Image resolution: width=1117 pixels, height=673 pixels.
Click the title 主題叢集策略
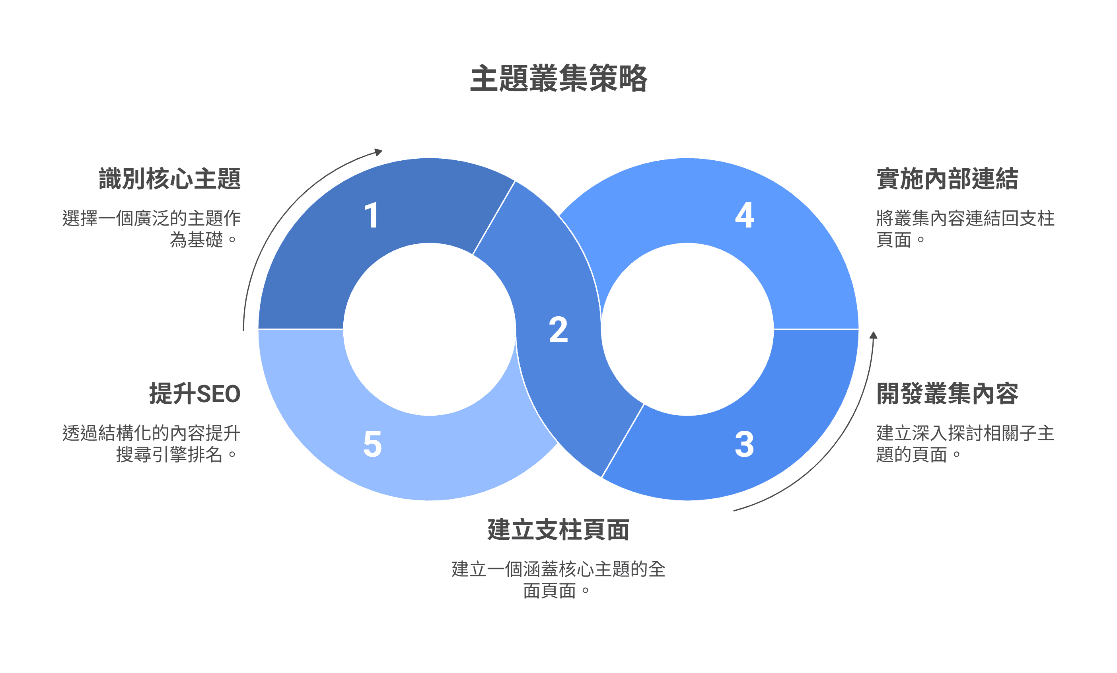tap(558, 78)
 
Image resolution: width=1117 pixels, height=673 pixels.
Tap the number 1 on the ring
tap(371, 215)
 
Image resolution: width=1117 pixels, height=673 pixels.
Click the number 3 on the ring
tap(744, 444)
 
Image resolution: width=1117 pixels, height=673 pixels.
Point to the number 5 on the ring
tap(372, 444)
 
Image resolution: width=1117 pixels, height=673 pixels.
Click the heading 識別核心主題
tap(169, 179)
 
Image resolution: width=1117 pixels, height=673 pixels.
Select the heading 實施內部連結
tap(947, 179)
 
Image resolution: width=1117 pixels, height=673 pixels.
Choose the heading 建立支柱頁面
tap(558, 529)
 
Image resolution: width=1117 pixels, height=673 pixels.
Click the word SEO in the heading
tap(218, 394)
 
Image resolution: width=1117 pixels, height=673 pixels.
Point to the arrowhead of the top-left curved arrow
tap(379, 152)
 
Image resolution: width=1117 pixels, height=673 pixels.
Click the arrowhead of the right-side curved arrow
tap(873, 336)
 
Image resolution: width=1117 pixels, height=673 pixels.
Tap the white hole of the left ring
tap(429, 329)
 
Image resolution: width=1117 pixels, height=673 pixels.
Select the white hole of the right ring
tap(687, 329)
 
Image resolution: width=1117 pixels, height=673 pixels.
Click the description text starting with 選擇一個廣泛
tap(152, 228)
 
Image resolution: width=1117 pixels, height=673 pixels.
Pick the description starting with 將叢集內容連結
tap(965, 228)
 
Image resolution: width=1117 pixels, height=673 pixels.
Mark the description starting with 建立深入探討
tap(965, 443)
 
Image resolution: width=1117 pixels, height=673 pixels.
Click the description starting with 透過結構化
tap(152, 443)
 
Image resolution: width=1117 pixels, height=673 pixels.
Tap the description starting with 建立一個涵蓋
tap(558, 580)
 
